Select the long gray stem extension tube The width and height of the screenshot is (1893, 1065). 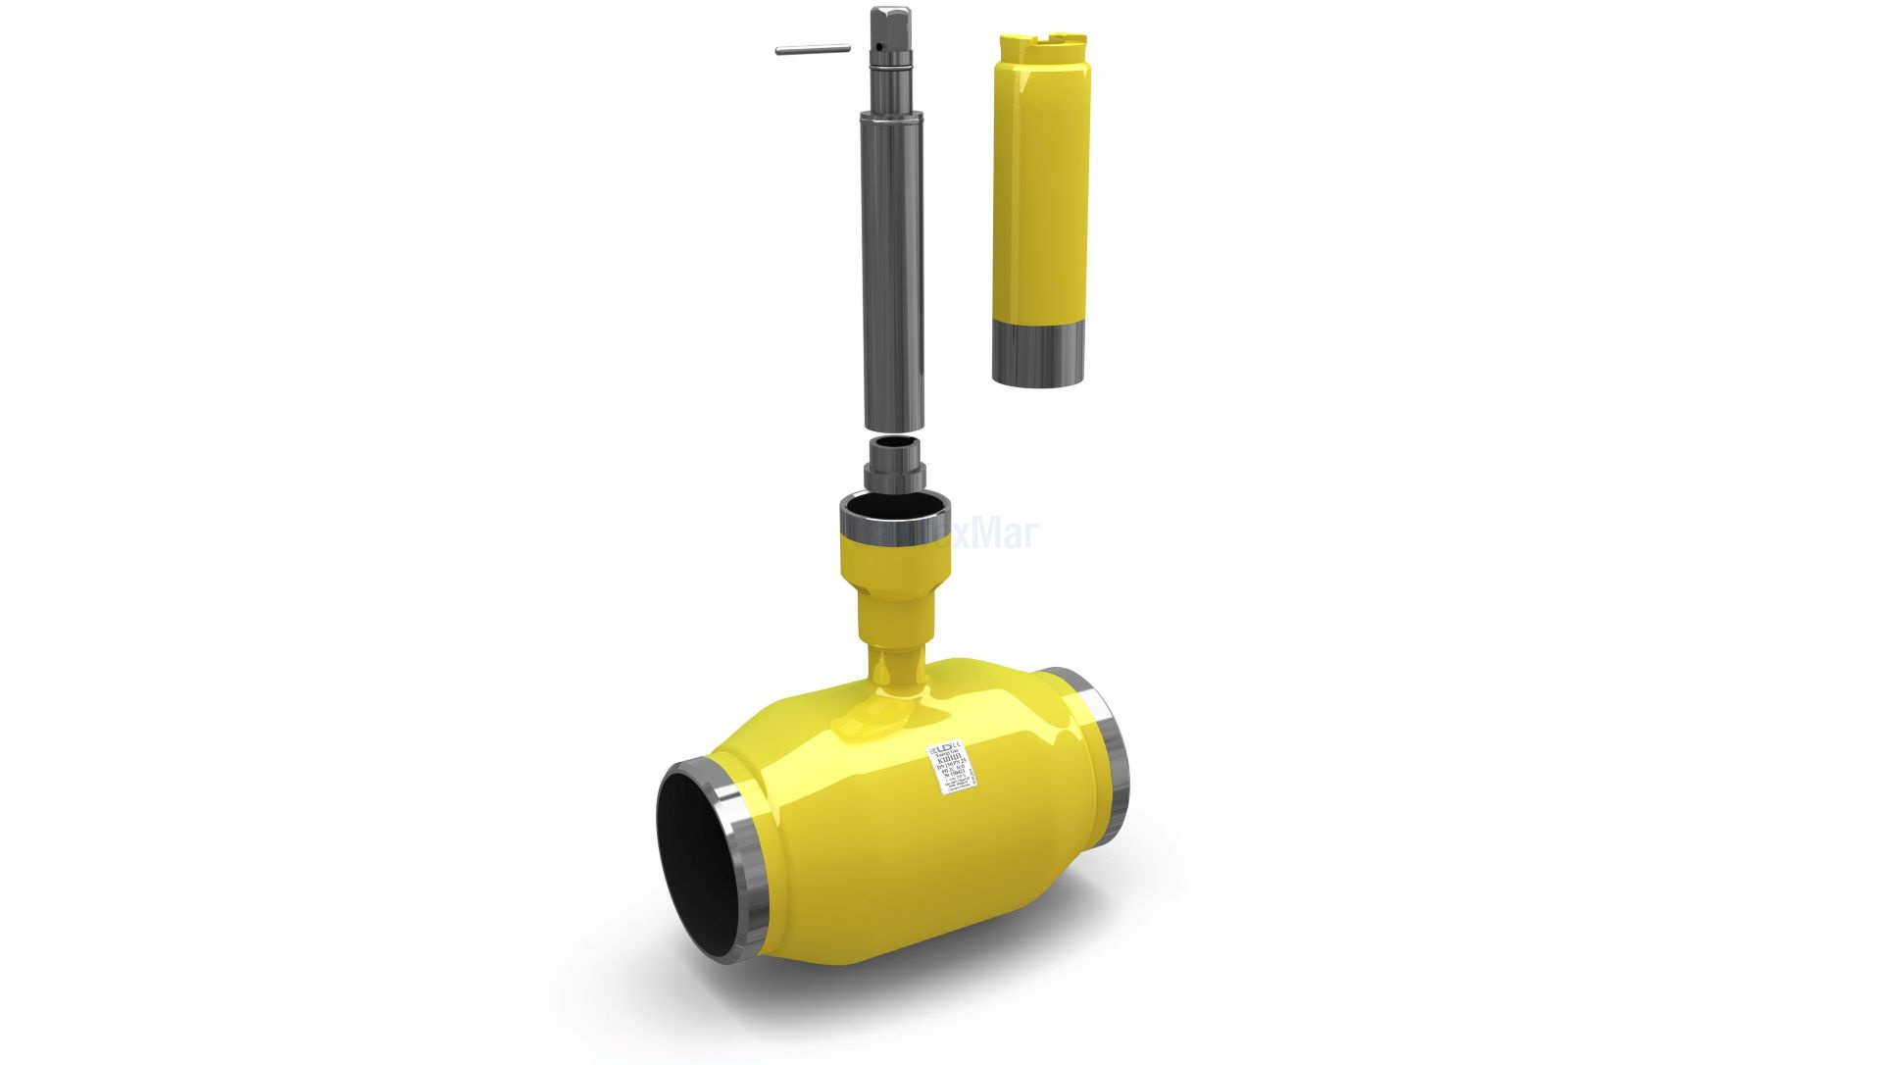click(892, 265)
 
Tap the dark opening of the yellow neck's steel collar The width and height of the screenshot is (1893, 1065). click(892, 513)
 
